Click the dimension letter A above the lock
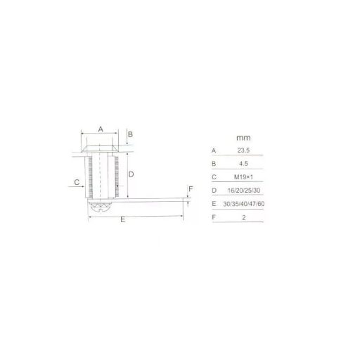(x=101, y=129)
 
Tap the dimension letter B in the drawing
(x=131, y=134)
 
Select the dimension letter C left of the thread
(x=77, y=182)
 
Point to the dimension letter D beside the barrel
(x=131, y=174)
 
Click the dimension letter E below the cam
(x=122, y=219)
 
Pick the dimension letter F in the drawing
(x=191, y=188)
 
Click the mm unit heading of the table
(x=243, y=138)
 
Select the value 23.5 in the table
(x=243, y=150)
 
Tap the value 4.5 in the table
(x=243, y=164)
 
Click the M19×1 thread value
(x=243, y=177)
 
